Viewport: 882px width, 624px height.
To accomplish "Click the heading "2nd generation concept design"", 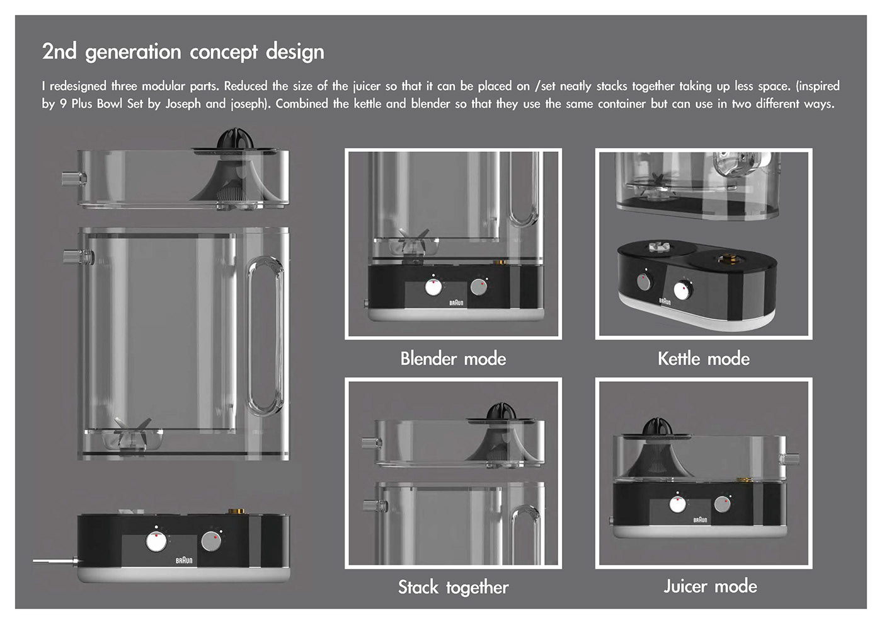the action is point(183,52).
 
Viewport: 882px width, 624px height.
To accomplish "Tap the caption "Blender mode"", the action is point(453,359).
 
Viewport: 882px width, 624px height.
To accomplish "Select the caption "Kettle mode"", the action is point(704,359).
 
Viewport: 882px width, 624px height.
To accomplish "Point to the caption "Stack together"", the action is point(453,587).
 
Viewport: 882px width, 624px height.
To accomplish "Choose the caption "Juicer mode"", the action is point(710,586).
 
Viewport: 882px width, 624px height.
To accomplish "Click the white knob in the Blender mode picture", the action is point(433,287).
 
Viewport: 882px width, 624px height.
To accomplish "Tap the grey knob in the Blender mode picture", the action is point(479,287).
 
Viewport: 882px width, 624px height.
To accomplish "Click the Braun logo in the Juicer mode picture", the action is point(700,520).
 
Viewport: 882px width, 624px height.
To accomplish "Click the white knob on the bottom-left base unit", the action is point(156,541).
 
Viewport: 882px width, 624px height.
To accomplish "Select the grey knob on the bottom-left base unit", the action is point(211,541).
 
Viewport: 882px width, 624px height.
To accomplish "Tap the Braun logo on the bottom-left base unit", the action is point(184,560).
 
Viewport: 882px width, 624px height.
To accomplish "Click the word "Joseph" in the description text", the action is point(183,104).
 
